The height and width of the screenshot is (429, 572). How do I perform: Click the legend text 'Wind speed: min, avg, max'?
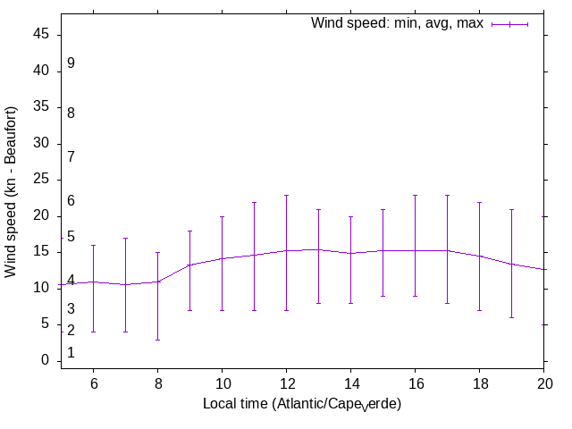coord(396,23)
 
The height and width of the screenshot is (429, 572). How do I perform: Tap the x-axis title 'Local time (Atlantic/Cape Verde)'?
coord(302,405)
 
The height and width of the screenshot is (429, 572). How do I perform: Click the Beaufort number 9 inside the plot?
coord(71,63)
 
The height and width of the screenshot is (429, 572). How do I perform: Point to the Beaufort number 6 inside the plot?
coord(71,201)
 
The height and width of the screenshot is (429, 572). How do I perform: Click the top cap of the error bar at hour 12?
coord(286,195)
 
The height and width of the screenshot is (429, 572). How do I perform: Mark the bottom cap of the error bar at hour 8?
coord(157,340)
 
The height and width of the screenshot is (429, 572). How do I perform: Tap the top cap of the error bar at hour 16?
coord(415,195)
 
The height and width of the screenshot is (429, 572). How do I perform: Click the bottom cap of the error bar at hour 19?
coord(511,317)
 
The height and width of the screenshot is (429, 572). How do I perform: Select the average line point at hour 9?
coord(189,265)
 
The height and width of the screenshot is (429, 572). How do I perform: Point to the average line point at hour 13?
coord(318,249)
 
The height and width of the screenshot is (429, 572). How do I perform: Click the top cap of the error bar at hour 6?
coord(93,245)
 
